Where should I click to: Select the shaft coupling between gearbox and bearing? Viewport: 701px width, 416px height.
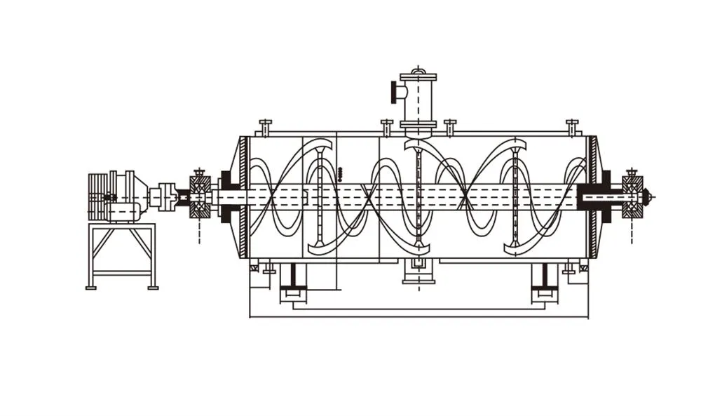click(167, 197)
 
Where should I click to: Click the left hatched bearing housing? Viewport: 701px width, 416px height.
click(200, 196)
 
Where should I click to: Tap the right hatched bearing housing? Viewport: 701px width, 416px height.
click(632, 196)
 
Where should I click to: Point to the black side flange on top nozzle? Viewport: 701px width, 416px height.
click(395, 92)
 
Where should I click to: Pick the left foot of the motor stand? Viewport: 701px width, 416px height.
click(90, 287)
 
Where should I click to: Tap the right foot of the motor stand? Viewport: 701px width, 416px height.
click(152, 287)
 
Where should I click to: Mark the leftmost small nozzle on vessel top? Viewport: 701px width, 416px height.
click(265, 126)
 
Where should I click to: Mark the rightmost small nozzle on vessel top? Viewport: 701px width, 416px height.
click(572, 126)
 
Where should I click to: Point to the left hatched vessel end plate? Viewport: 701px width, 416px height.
click(243, 197)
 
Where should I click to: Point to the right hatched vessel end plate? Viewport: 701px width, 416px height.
click(593, 197)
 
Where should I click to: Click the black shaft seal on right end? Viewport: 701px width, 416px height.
click(604, 196)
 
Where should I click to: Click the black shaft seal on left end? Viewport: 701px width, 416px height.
click(228, 196)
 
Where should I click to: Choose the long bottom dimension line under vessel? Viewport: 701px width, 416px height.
click(418, 317)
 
